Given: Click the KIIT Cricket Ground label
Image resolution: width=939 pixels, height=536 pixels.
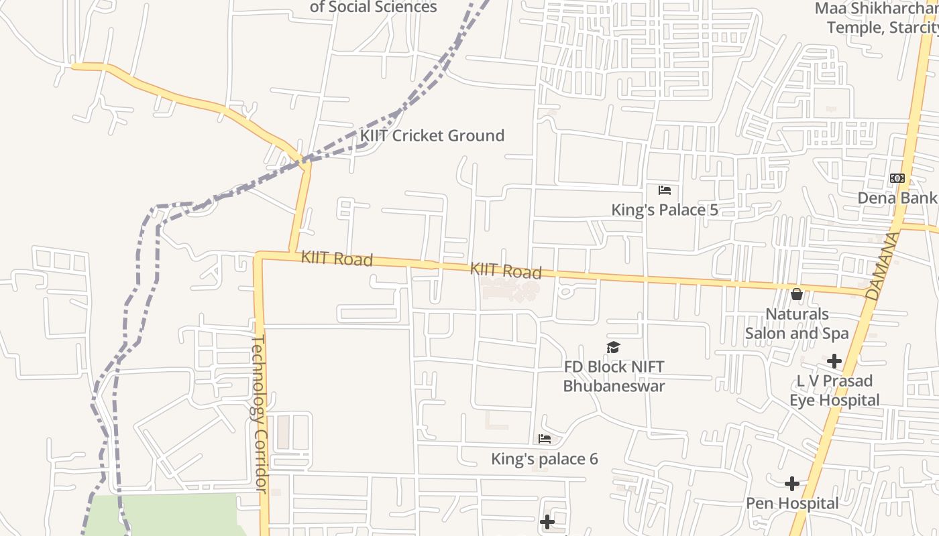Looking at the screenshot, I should point(432,135).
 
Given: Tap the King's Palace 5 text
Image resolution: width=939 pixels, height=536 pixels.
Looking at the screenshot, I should point(664,210).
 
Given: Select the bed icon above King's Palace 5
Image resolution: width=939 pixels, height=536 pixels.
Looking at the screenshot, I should point(665,190).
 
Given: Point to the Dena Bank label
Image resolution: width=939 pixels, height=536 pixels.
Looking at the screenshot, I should point(897,198).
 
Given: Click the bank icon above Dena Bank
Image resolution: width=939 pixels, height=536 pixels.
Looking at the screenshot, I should point(897,178).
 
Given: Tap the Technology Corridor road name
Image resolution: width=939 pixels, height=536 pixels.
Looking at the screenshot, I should point(260,414).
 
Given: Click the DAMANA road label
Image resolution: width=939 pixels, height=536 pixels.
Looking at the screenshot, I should point(883,265).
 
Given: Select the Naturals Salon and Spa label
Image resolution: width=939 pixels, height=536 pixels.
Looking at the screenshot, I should point(797,324).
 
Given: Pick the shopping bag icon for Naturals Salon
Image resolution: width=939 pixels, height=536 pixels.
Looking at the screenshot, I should point(797,294).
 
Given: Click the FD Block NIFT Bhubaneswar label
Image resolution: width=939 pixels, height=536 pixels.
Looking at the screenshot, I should point(614,377).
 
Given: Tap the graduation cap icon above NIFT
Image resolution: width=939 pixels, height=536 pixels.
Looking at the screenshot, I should point(613,347).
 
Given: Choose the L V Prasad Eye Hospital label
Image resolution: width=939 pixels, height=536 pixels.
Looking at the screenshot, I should point(834,391).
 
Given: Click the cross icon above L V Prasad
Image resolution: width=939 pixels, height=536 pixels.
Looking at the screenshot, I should point(834,362).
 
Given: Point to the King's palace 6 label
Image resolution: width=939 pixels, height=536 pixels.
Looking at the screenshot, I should point(545,459).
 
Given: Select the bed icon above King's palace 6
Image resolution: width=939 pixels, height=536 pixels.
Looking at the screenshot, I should point(545,440).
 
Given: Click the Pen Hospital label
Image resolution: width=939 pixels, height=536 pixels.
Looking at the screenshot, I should point(792,503).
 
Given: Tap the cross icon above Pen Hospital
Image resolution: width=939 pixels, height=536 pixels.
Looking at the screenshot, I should point(792,484).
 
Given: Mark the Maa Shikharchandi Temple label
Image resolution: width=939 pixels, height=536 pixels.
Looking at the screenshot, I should point(875,18).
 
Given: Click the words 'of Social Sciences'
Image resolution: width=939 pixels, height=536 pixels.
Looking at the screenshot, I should point(373,7).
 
